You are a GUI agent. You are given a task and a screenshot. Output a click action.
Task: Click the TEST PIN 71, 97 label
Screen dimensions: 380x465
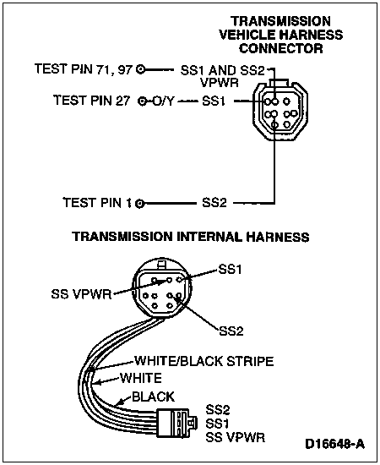[84, 68]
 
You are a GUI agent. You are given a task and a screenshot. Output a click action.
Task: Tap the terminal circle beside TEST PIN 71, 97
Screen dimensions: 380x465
[141, 70]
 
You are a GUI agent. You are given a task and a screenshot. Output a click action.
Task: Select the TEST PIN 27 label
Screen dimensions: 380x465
[91, 101]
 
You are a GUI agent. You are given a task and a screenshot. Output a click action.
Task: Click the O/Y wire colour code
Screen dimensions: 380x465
[163, 101]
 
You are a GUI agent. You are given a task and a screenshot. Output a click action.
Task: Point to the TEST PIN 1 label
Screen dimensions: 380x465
[97, 203]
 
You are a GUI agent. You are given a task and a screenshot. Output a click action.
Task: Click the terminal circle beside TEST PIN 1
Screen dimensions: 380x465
[140, 204]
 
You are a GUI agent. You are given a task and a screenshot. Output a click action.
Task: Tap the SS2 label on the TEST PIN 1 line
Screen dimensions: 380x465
[214, 203]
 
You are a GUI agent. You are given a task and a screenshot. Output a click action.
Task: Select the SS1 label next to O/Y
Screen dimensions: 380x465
[214, 101]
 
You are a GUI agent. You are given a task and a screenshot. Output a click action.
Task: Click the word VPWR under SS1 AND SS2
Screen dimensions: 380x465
[220, 83]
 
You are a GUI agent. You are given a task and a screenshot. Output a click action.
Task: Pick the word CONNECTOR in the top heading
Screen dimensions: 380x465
[281, 48]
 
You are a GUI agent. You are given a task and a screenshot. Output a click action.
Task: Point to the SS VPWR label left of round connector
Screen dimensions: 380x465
[81, 294]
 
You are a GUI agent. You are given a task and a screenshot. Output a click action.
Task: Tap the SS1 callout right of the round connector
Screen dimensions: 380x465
[230, 269]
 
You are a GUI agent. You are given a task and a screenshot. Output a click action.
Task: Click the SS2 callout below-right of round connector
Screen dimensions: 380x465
[231, 331]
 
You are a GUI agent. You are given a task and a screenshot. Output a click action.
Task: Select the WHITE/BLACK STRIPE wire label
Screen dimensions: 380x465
[204, 361]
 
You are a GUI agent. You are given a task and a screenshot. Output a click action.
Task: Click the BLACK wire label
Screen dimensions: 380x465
[153, 397]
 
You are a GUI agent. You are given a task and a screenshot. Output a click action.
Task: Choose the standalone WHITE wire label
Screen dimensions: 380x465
[141, 378]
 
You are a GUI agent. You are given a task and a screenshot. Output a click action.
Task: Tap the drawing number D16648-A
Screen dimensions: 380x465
[334, 444]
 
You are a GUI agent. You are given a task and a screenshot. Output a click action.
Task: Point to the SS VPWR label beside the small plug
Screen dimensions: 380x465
[235, 437]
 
